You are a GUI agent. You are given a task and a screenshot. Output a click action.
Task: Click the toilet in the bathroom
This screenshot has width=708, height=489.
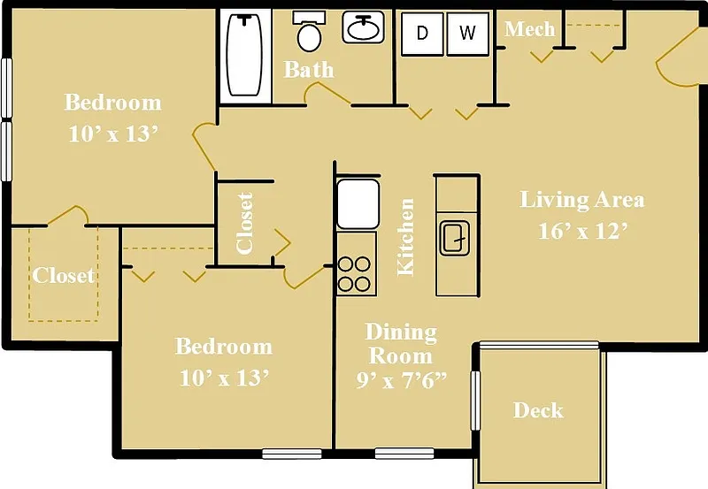click(x=309, y=31)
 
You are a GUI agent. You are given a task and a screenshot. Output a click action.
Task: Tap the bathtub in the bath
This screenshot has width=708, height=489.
click(x=244, y=55)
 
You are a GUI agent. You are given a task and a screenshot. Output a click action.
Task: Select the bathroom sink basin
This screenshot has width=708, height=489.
click(x=363, y=27)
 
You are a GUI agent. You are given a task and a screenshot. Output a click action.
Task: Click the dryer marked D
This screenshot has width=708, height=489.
click(x=422, y=34)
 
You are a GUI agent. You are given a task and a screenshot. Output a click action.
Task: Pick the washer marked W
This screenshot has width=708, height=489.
click(x=468, y=34)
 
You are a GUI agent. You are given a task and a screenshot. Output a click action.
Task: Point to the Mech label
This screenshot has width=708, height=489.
click(x=529, y=29)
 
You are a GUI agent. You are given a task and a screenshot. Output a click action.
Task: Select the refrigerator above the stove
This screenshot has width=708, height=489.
click(x=358, y=203)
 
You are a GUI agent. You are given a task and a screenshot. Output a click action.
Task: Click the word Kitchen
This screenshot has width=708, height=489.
click(x=405, y=237)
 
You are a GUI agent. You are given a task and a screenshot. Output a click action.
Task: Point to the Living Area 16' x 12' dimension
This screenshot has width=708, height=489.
click(x=583, y=231)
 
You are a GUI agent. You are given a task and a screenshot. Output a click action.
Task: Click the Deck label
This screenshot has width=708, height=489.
click(x=538, y=410)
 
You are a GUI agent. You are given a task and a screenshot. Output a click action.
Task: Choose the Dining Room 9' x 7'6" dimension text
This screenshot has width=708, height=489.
click(x=401, y=380)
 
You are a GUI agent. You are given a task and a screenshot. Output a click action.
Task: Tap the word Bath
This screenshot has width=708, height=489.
click(x=309, y=70)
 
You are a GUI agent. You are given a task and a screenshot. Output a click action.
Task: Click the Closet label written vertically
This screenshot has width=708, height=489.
click(x=244, y=223)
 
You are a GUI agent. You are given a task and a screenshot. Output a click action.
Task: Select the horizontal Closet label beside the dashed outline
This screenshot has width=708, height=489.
click(x=63, y=275)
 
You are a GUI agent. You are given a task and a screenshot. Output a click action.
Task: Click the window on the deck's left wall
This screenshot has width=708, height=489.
click(x=475, y=401)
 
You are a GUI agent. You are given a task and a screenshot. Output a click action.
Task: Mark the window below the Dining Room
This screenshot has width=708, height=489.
click(x=404, y=453)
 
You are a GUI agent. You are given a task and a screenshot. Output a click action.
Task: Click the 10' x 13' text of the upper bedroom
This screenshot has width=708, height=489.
click(x=113, y=134)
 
